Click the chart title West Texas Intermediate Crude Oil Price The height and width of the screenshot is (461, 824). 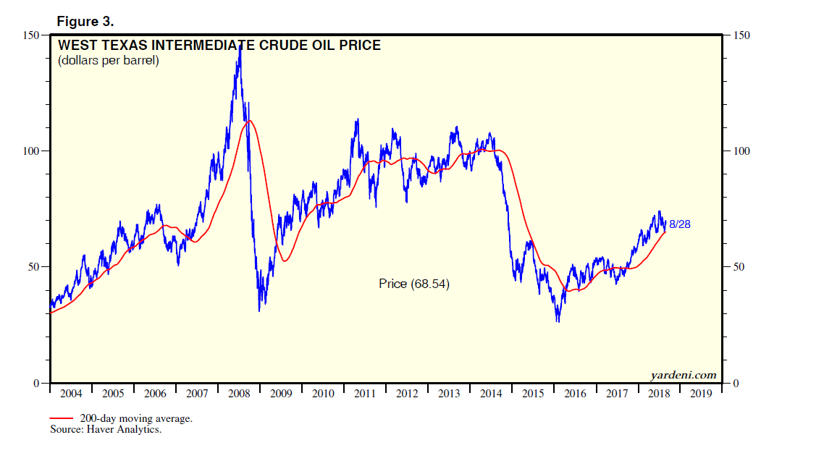219,46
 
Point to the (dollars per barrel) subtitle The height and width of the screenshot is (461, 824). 108,61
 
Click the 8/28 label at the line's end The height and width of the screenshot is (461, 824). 679,224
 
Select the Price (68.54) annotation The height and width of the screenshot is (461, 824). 413,284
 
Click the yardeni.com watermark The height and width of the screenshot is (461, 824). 684,375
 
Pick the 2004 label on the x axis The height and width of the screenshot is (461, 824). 71,394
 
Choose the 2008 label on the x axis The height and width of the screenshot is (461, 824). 239,394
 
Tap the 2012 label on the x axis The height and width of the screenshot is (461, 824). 407,394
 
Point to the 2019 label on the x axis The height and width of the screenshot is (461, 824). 701,394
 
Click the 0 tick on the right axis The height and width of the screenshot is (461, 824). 736,383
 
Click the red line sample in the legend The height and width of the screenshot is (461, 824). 61,418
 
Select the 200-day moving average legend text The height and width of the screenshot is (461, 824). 136,419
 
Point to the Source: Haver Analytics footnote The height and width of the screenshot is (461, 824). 105,430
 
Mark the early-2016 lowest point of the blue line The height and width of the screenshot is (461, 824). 557,321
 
